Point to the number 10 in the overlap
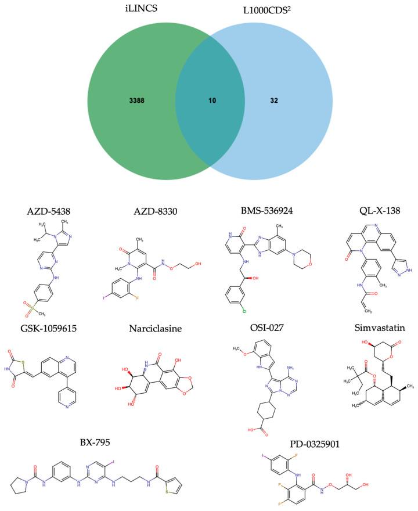[x=212, y=100]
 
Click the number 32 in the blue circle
[x=274, y=100]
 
